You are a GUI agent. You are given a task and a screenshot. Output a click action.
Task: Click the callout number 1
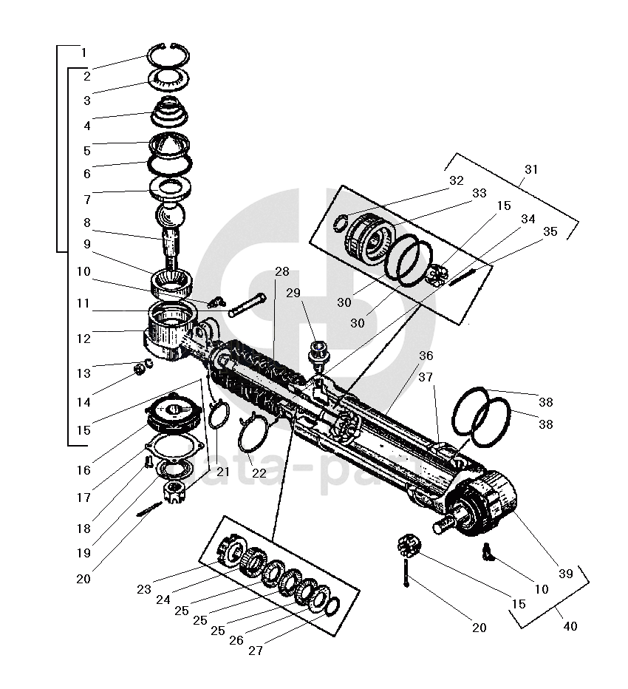(84, 53)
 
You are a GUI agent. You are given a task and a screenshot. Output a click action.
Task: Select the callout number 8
(86, 223)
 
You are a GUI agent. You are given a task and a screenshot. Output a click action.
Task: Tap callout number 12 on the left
(84, 339)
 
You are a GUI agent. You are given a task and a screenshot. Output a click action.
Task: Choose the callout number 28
(281, 271)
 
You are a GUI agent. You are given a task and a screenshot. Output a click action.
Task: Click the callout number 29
(293, 293)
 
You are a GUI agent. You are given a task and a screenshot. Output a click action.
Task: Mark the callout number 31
(530, 169)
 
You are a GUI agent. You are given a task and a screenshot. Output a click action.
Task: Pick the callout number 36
(426, 356)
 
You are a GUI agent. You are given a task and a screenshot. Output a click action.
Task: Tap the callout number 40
(570, 626)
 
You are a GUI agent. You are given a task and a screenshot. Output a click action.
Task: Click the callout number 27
(256, 651)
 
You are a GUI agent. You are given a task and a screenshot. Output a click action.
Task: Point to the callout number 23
(144, 589)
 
